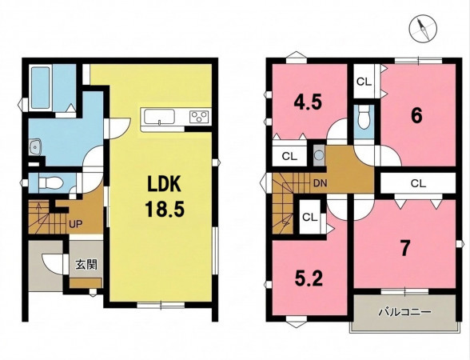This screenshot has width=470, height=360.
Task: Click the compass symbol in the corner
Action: [423, 29]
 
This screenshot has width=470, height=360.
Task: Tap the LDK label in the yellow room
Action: [164, 184]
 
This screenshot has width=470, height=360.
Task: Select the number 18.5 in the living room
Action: [164, 209]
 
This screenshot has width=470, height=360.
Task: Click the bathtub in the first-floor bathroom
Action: [40, 87]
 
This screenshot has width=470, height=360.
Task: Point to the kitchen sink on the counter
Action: [159, 117]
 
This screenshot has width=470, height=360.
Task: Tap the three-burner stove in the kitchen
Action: [199, 117]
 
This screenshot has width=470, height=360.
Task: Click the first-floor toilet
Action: [50, 182]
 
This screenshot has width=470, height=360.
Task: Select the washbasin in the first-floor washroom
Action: [36, 147]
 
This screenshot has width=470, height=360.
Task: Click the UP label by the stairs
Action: [75, 224]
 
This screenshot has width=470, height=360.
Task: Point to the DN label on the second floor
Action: [320, 183]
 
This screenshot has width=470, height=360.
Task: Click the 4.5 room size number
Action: [308, 102]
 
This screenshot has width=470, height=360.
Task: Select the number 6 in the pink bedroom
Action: [416, 116]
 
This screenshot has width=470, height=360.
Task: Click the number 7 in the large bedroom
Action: [404, 249]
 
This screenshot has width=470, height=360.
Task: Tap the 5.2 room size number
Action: [309, 279]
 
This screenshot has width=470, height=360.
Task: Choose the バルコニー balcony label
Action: [404, 312]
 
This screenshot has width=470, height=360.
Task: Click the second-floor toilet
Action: [364, 118]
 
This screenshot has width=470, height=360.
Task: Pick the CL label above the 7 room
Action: [419, 183]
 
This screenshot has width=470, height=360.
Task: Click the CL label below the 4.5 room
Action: [289, 156]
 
